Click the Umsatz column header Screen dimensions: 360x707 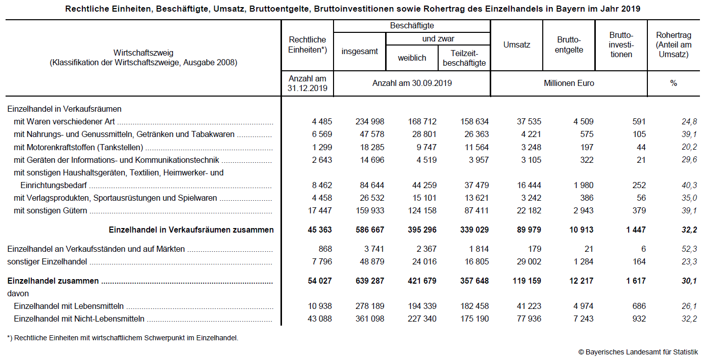coord(516,44)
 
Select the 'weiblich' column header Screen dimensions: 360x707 coord(412,58)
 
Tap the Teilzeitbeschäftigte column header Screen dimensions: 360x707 coord(464,58)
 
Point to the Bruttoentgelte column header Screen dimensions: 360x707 coord(569,44)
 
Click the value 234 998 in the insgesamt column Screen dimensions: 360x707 coord(367,121)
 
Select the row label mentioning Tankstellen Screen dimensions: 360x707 coord(78,147)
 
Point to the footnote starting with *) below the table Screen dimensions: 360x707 coord(122,338)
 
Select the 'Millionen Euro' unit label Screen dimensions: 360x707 coord(569,83)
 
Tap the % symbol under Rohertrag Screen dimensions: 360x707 coord(673,83)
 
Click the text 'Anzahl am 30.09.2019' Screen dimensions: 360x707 coord(412,83)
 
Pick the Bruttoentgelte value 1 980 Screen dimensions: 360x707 coord(581,185)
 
